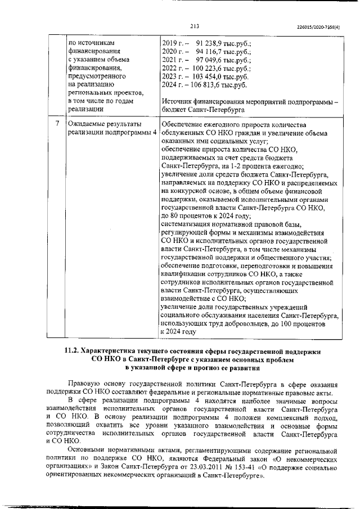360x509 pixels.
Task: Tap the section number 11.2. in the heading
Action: point(74,351)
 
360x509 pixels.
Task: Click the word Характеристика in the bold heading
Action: point(116,351)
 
